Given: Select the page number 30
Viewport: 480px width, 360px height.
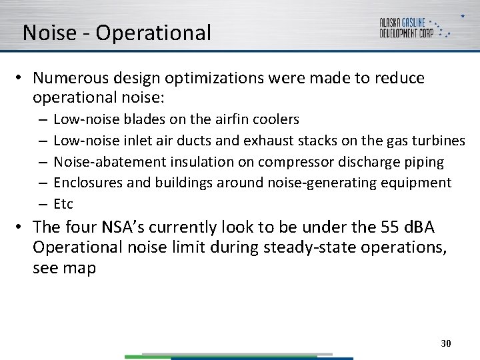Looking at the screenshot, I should point(446,343).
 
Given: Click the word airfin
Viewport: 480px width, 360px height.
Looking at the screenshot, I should point(231,119).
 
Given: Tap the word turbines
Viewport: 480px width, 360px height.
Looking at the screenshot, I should point(439,141).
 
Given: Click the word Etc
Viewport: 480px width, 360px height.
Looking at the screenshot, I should point(63,204).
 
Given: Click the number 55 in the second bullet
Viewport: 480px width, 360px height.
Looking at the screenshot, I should point(389,227).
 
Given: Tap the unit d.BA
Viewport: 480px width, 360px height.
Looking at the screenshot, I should point(418,227).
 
